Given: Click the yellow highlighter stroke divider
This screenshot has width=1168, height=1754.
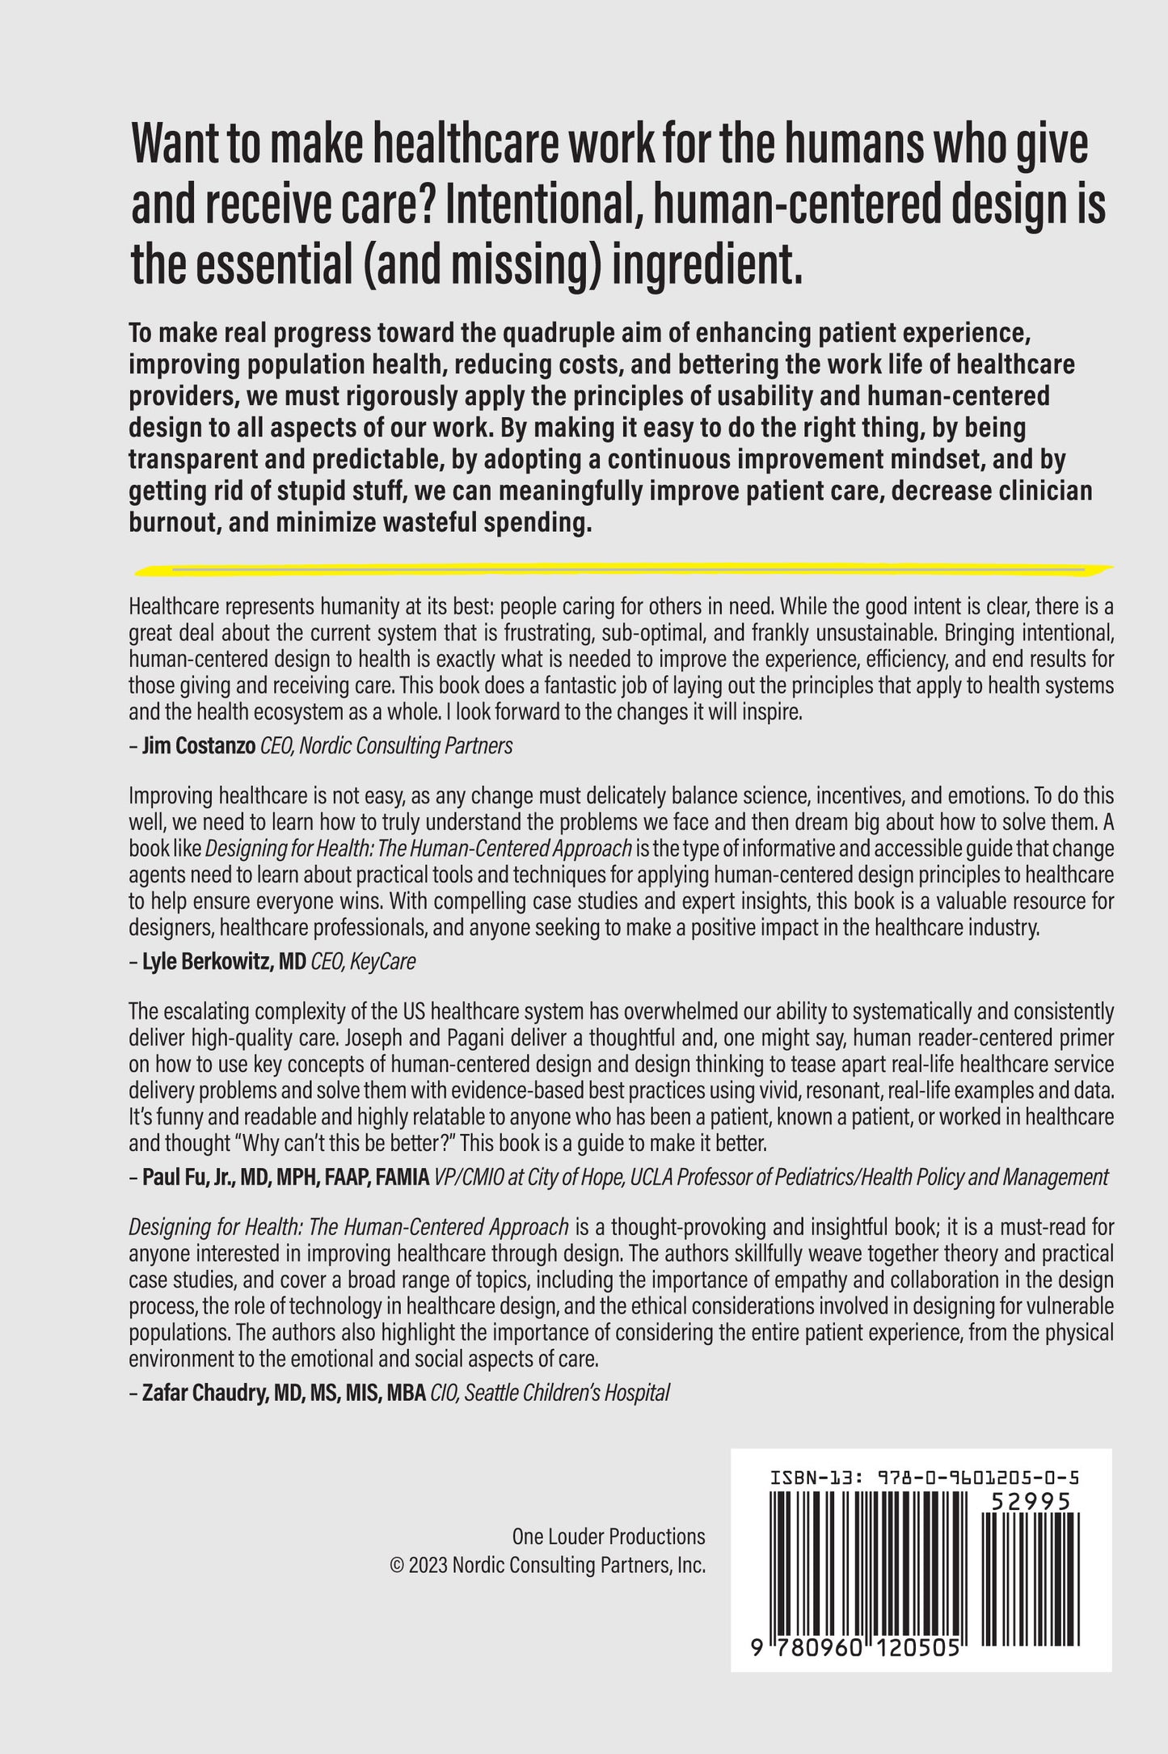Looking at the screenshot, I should [x=622, y=570].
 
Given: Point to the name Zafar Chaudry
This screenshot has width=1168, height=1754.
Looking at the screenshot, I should [x=193, y=1393].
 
